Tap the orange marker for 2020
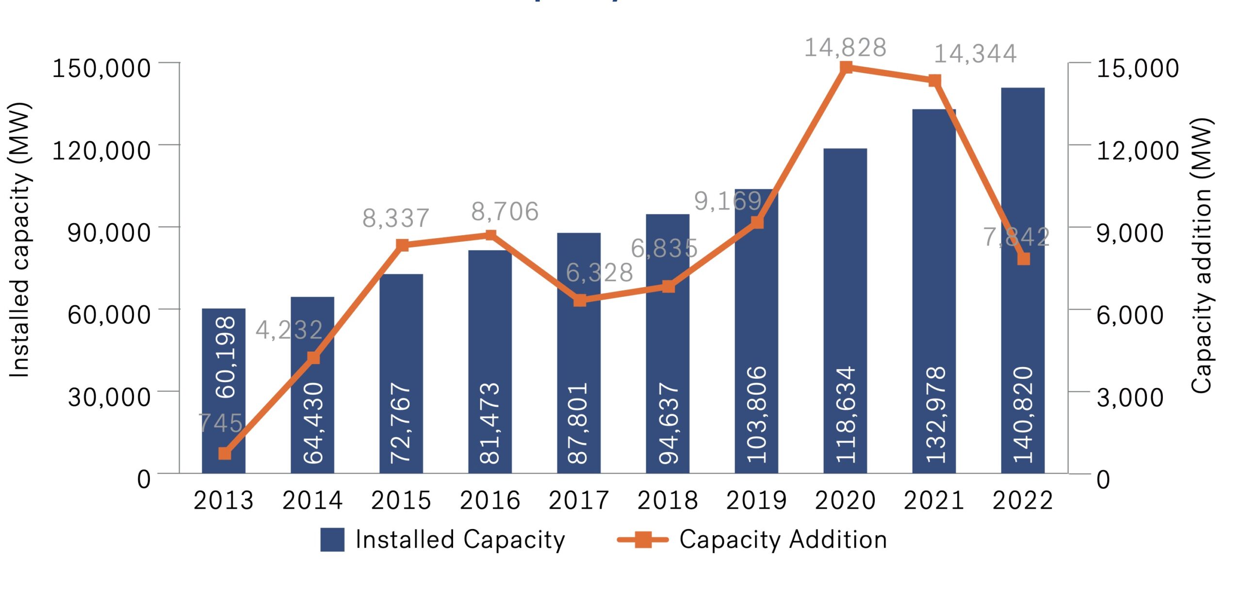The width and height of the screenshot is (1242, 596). point(846,67)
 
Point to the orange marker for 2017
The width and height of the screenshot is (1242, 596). point(580,300)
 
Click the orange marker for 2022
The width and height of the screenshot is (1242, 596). point(1023,258)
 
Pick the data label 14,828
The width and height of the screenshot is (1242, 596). point(845,48)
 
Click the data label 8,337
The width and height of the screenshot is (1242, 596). point(396,218)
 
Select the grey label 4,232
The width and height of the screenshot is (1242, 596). point(289,330)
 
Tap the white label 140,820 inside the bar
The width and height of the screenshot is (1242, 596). point(1023,415)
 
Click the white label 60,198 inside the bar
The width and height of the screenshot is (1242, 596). point(225,357)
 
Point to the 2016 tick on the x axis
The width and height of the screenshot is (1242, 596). point(490,500)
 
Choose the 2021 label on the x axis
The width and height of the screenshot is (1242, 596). point(934,500)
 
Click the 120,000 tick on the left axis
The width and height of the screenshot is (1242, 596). point(101,150)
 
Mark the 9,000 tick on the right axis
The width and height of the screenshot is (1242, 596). point(1130,232)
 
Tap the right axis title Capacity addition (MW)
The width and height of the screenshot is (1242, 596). point(1202,256)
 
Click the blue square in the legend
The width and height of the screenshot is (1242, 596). point(332,539)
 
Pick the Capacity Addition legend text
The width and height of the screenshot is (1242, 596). point(783,539)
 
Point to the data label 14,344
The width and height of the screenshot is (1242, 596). point(975,53)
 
